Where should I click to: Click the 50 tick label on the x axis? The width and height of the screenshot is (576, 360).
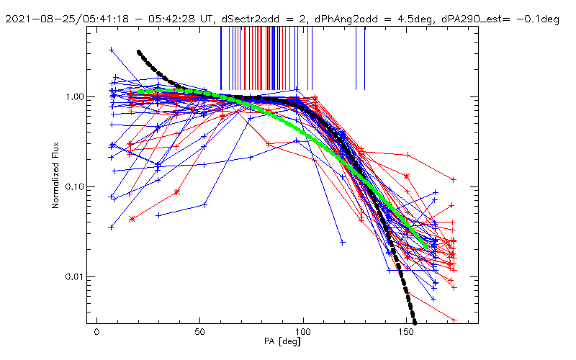tap(200, 332)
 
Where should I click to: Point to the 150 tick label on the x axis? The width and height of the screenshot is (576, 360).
tap(406, 332)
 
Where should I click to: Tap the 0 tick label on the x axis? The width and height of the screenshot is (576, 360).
tap(96, 332)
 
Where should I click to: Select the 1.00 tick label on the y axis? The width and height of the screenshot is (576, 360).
tap(75, 97)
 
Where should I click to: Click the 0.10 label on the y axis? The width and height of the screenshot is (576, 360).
tap(75, 187)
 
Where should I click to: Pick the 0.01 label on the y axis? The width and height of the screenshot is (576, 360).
tap(75, 276)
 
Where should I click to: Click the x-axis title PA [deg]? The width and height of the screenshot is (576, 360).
tap(282, 341)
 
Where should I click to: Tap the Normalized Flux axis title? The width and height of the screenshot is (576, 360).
tap(55, 175)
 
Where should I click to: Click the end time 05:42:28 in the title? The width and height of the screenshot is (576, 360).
tap(171, 19)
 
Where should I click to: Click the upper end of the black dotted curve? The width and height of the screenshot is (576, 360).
tap(138, 52)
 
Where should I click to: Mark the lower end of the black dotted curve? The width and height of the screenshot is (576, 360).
tap(415, 323)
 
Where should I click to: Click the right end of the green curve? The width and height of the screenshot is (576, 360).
tap(426, 248)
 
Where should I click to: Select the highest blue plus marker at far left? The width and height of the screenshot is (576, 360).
tap(112, 50)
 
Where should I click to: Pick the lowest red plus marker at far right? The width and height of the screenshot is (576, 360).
tap(454, 320)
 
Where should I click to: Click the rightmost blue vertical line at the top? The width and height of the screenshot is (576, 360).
tap(364, 58)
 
